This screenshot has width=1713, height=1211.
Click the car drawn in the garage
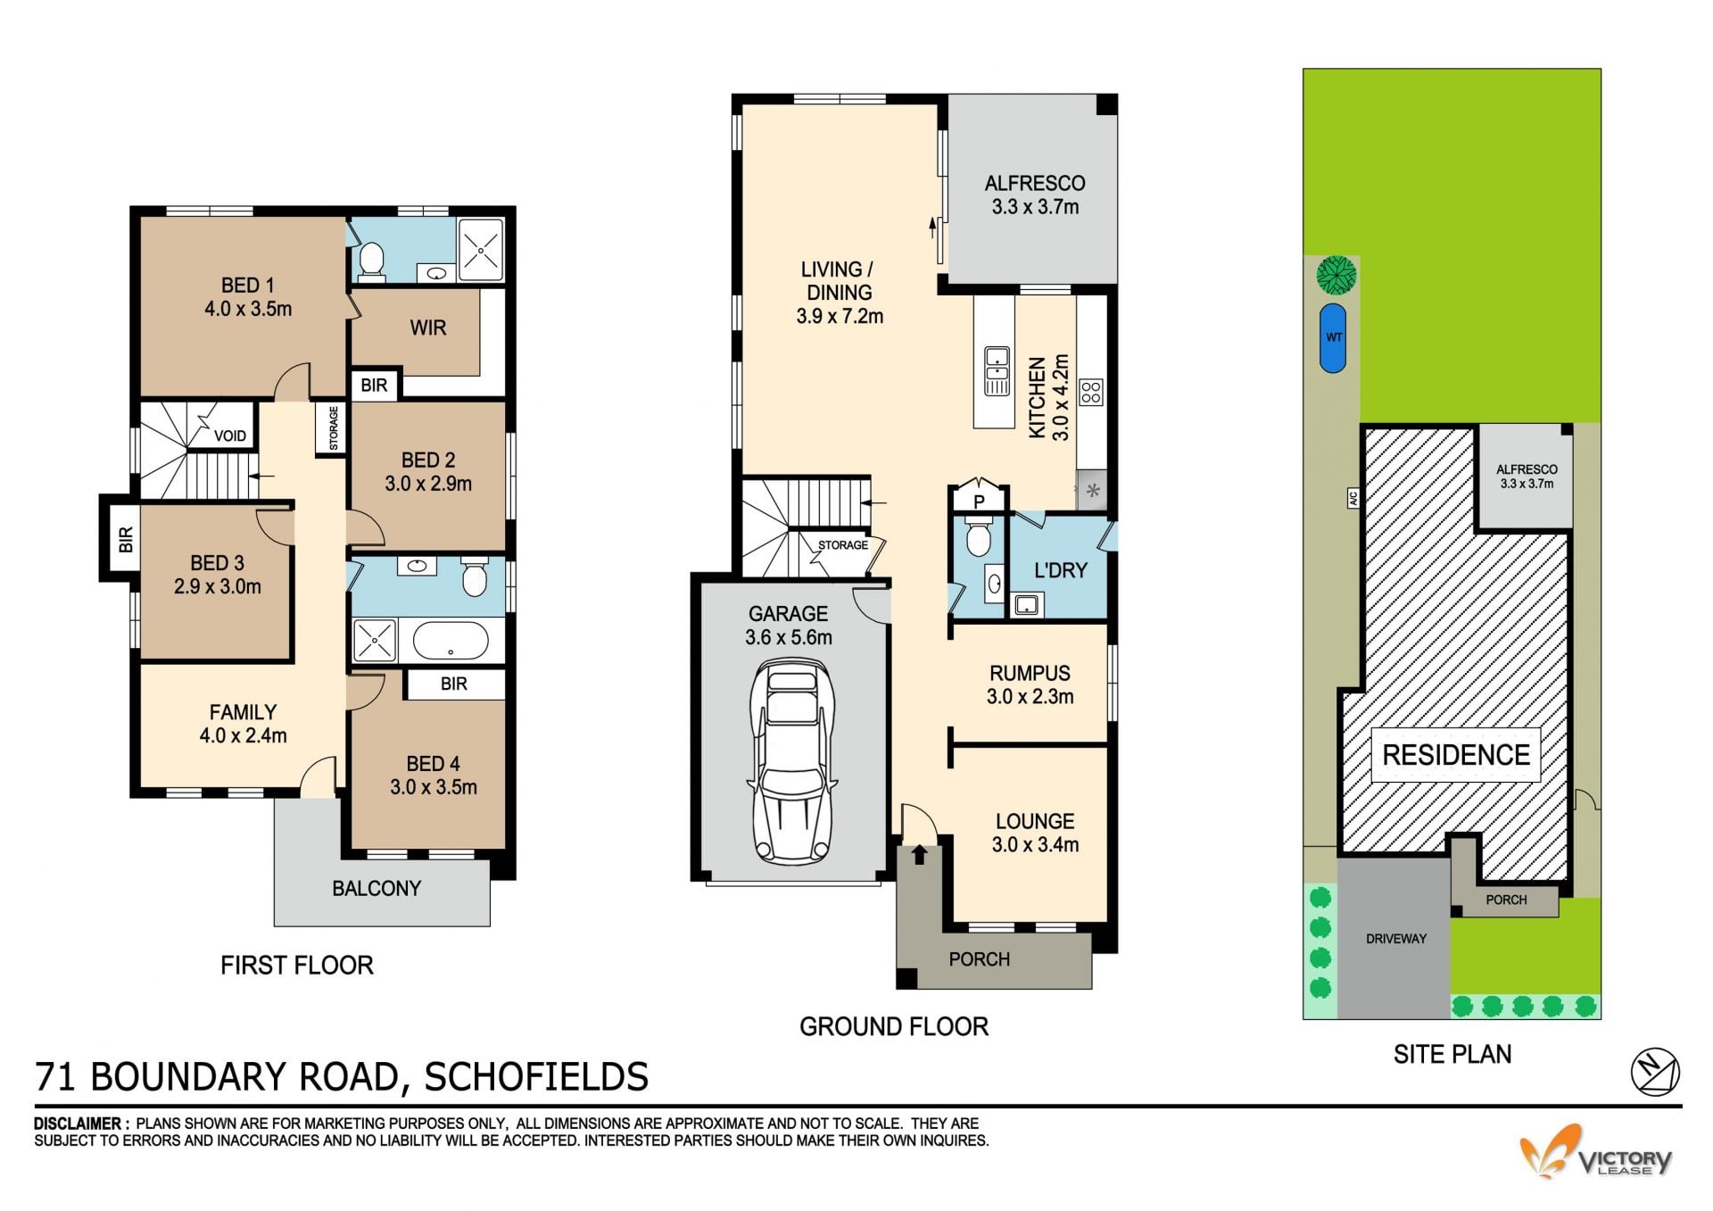pyautogui.click(x=791, y=762)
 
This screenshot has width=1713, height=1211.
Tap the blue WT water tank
pyautogui.click(x=1333, y=337)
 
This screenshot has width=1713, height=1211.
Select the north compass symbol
pyautogui.click(x=1655, y=1072)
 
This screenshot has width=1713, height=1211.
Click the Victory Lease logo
pyautogui.click(x=1596, y=1153)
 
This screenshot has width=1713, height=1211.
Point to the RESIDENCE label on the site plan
pyautogui.click(x=1456, y=755)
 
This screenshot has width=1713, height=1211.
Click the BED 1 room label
pyautogui.click(x=247, y=286)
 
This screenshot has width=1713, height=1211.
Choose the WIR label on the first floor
pyautogui.click(x=427, y=328)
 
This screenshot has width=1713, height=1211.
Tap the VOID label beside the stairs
pyautogui.click(x=230, y=435)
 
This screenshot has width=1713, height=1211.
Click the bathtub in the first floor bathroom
pyautogui.click(x=451, y=641)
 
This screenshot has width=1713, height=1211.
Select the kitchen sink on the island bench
pyautogui.click(x=997, y=370)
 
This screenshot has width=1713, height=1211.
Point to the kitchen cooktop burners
pyautogui.click(x=1091, y=392)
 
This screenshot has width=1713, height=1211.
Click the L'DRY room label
pyautogui.click(x=1060, y=570)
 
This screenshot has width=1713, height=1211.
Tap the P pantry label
pyautogui.click(x=979, y=502)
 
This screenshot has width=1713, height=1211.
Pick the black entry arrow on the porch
pyautogui.click(x=920, y=855)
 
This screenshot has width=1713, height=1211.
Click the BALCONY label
pyautogui.click(x=377, y=888)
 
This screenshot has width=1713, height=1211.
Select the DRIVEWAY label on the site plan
pyautogui.click(x=1396, y=939)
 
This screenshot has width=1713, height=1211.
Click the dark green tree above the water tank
pyautogui.click(x=1336, y=275)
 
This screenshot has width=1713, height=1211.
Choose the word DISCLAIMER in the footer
pyautogui.click(x=78, y=1124)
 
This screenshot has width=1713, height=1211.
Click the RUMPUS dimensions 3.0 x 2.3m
pyautogui.click(x=1030, y=697)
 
